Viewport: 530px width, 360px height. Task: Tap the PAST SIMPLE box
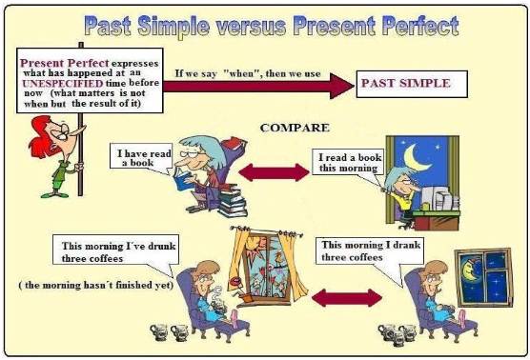tap(405, 83)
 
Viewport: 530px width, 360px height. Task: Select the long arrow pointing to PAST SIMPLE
tap(257, 87)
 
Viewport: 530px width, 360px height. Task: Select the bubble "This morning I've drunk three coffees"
tap(106, 251)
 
